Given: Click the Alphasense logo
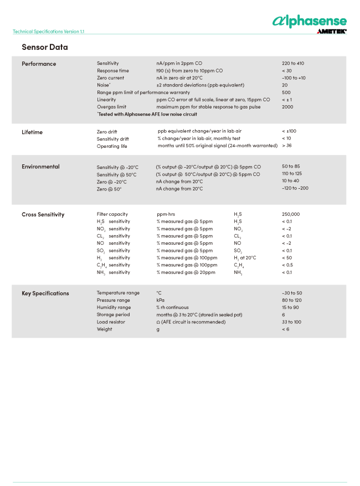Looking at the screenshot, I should click(309, 22).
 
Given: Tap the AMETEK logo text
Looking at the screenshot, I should click(331, 32).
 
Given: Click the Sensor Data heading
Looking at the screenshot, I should click(45, 48).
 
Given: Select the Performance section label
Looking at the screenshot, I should click(39, 64).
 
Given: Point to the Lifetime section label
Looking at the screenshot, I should click(32, 132).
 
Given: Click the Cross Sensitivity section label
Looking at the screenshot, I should click(43, 214).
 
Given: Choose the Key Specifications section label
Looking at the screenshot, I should click(45, 293).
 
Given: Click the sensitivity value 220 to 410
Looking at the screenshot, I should click(293, 64).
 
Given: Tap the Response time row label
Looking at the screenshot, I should click(113, 71).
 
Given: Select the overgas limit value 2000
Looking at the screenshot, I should click(287, 107).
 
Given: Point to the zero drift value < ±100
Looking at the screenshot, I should click(289, 131).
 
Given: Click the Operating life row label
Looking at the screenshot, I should click(112, 146).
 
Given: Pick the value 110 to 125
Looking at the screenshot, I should click(292, 174).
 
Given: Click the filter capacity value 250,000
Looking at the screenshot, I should click(291, 214).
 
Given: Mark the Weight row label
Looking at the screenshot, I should click(104, 329).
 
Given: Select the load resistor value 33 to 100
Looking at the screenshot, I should click(291, 322).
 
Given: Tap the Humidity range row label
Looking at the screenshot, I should click(114, 308).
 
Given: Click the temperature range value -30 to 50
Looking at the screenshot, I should click(292, 293).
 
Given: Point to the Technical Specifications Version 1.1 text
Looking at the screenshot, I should click(48, 32).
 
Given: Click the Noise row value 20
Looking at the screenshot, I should click(285, 85).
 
